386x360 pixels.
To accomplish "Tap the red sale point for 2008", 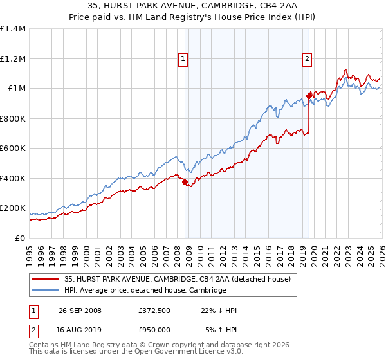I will [185, 183].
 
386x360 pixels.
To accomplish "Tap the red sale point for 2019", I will [309, 96].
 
